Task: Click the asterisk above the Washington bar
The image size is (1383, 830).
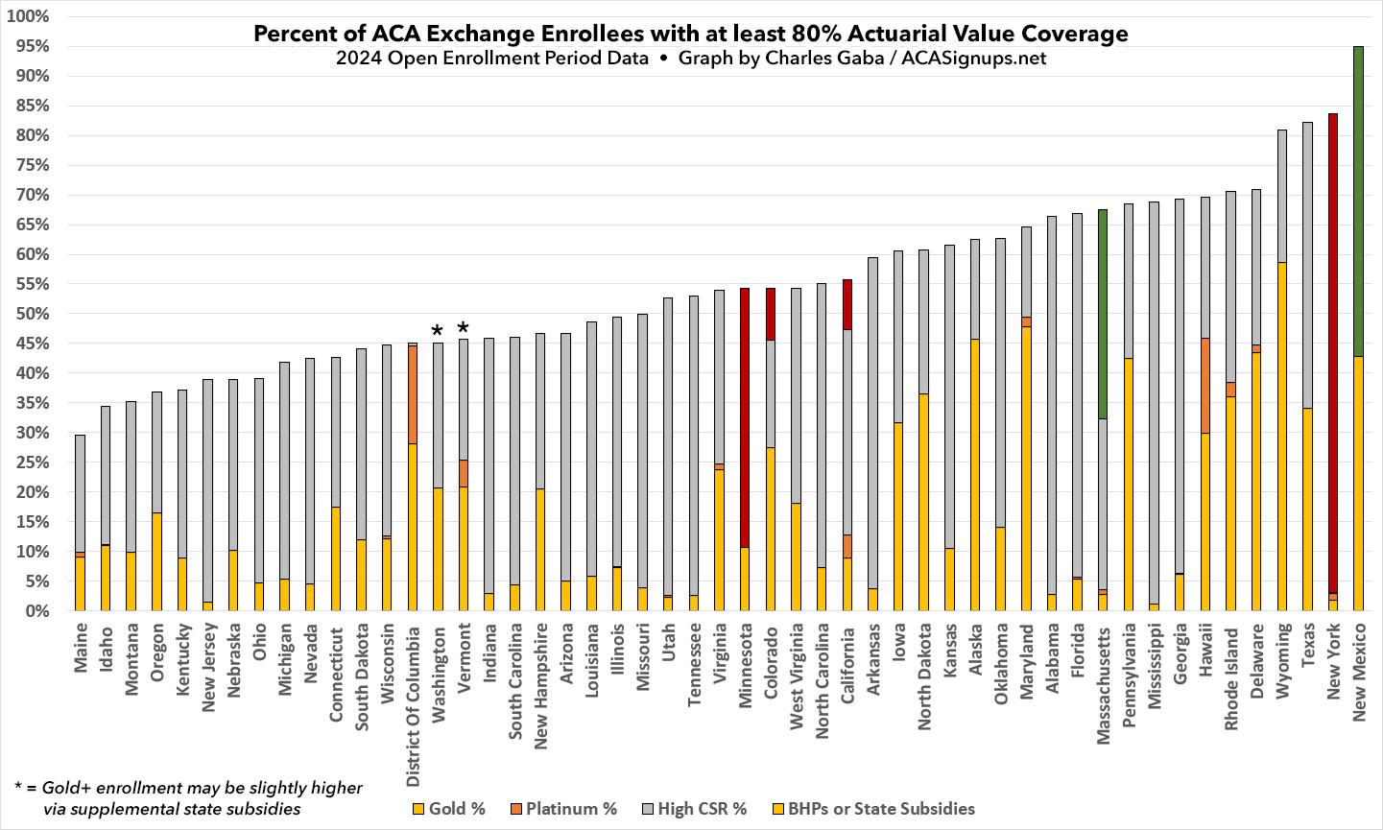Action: tap(438, 332)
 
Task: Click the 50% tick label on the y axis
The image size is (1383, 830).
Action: tap(33, 314)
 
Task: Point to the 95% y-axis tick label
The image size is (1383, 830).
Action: tap(33, 46)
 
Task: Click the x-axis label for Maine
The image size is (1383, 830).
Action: tap(81, 651)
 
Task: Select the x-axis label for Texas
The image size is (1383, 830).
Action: tap(1307, 651)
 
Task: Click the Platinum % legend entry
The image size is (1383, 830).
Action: tap(566, 808)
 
